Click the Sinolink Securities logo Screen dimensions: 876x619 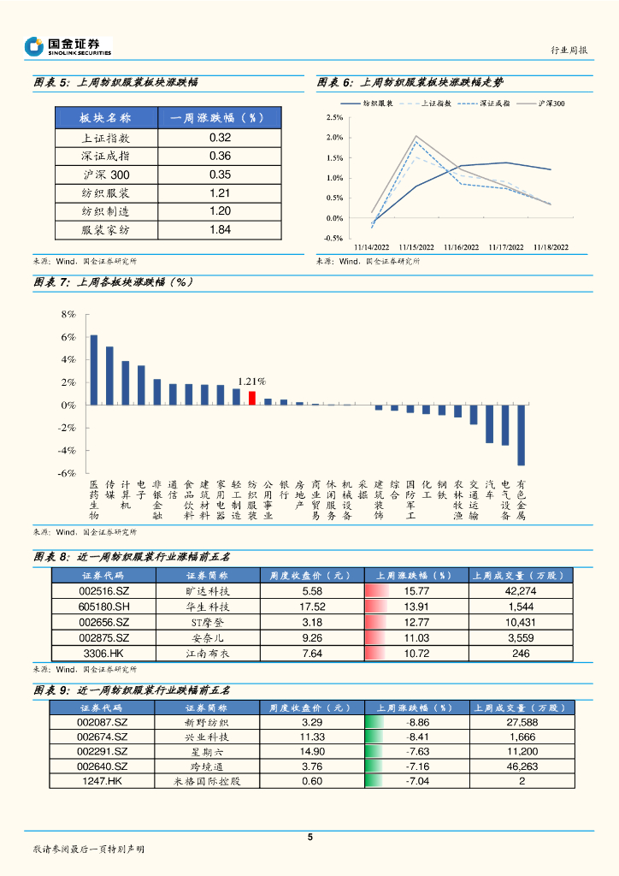68,46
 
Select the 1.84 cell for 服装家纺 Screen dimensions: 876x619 220,229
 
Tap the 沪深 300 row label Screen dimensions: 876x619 105,175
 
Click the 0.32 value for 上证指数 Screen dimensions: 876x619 220,137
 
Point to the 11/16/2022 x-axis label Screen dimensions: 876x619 461,247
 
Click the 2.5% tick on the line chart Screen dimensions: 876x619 334,117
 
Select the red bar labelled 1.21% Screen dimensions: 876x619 252,398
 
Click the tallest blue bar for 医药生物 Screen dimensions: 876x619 94,370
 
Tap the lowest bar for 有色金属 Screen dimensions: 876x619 521,435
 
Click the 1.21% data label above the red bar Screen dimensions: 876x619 251,382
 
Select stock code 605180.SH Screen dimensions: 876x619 103,607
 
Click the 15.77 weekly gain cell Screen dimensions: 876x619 416,591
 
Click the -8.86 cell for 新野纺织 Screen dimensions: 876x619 416,723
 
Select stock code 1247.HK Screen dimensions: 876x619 103,782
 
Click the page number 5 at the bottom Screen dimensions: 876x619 309,838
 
